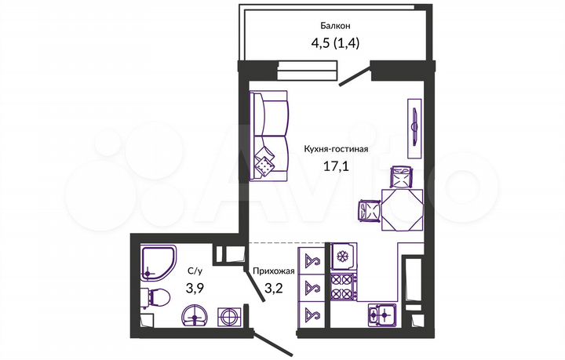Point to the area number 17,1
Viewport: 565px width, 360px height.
click(337, 165)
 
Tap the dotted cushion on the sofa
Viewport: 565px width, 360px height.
click(266, 165)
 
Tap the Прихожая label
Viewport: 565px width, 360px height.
click(273, 271)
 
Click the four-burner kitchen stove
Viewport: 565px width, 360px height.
click(342, 285)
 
